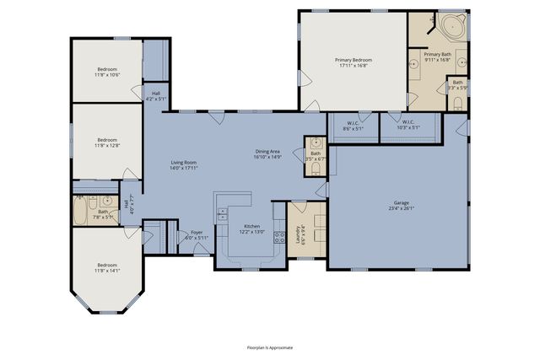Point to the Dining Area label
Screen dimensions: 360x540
click(268, 152)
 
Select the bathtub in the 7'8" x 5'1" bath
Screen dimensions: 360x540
click(80, 211)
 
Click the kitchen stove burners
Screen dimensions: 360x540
click(222, 212)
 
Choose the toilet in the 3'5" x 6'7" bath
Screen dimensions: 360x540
click(314, 169)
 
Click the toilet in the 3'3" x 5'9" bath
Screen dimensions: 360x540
click(456, 103)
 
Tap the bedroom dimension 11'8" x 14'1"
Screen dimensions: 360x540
click(107, 270)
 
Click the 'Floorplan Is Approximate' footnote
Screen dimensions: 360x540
click(269, 347)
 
